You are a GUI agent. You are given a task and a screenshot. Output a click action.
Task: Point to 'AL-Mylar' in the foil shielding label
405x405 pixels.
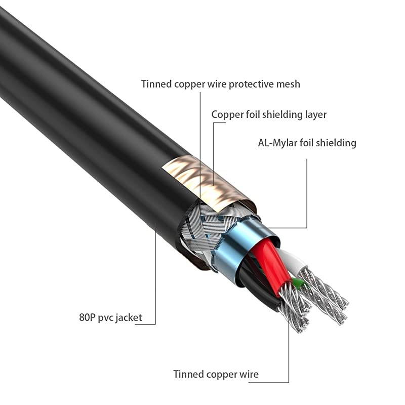277,143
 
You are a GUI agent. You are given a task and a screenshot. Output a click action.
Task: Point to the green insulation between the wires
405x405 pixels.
296,283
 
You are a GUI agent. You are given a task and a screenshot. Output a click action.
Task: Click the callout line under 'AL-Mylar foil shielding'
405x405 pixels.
307,192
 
